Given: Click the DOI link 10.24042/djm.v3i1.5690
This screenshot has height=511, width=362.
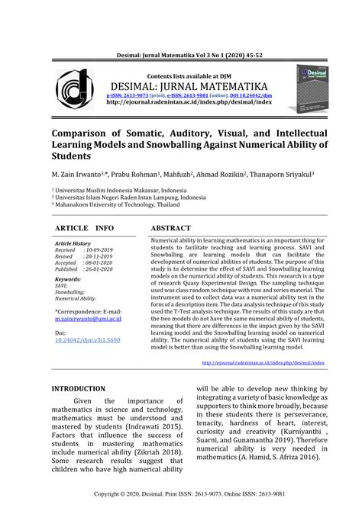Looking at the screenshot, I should click(x=89, y=340).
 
